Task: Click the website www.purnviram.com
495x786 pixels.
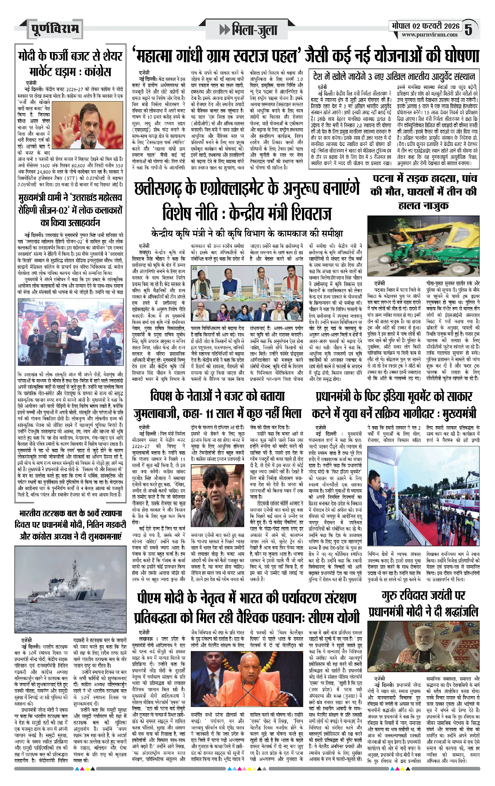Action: (x=430, y=35)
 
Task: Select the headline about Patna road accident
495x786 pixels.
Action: (x=423, y=192)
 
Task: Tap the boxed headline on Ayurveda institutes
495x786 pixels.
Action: (x=394, y=77)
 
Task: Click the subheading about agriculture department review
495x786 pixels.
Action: (x=247, y=234)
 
